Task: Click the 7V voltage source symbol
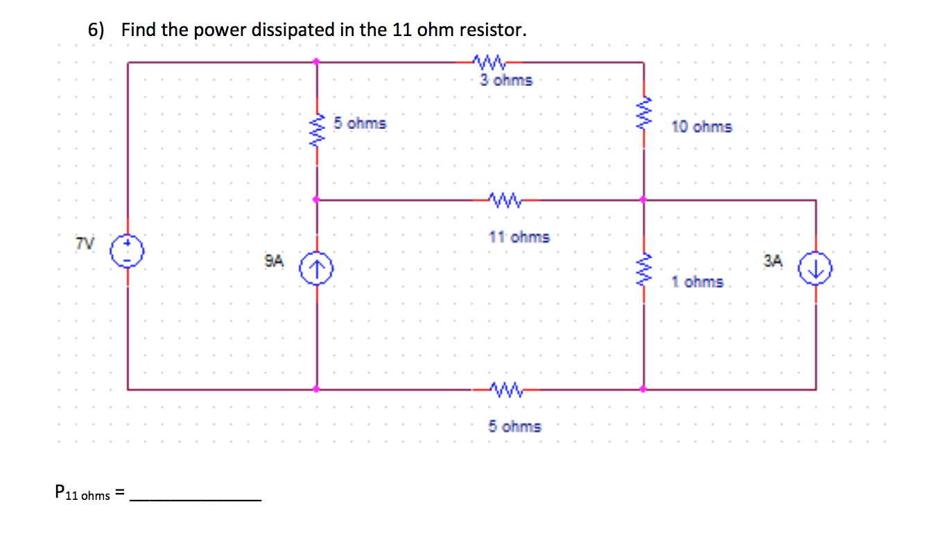(x=128, y=248)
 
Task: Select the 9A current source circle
(x=317, y=267)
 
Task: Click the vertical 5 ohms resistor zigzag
(x=318, y=129)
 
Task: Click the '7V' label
(x=86, y=243)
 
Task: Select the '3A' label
(x=773, y=261)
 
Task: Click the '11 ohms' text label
(x=519, y=237)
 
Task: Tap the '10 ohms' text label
(x=702, y=127)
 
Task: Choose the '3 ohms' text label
(x=507, y=80)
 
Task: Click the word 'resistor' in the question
(x=492, y=31)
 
